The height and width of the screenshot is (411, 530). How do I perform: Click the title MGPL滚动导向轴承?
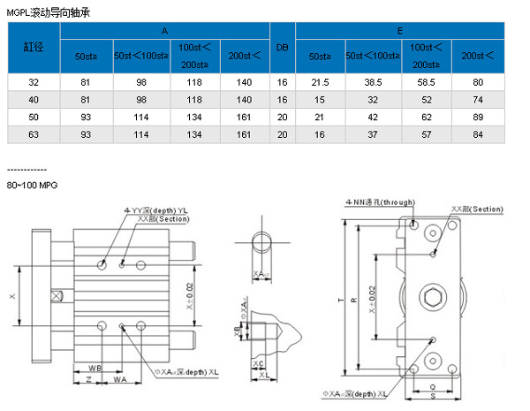click(x=47, y=12)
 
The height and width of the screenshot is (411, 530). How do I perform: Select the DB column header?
click(x=283, y=48)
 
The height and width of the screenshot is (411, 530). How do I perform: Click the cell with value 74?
click(x=478, y=100)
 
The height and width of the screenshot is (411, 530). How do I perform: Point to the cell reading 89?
click(x=478, y=117)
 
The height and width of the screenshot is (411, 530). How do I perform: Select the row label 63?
click(x=34, y=134)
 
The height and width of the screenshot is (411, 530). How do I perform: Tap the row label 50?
click(x=34, y=117)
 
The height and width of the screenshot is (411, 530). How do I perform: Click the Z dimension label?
click(x=88, y=379)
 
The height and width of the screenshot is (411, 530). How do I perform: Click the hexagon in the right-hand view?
click(x=433, y=298)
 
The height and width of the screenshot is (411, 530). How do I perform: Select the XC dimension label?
click(x=258, y=363)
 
